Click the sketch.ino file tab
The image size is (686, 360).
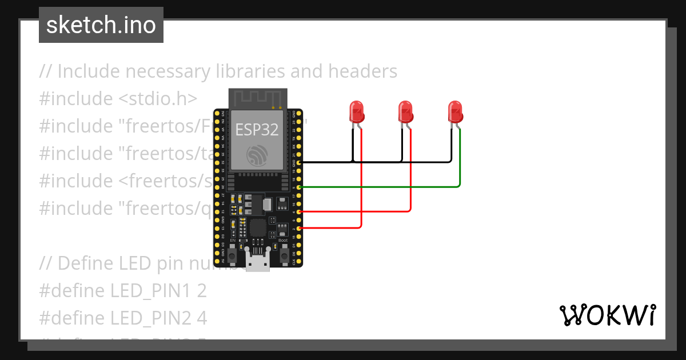click(x=101, y=25)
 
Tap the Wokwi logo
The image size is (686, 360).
click(x=607, y=315)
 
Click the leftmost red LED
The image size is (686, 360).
click(x=357, y=112)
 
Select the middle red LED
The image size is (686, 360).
click(x=405, y=112)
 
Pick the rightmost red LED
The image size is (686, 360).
click(x=455, y=112)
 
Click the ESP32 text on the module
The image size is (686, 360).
click(x=257, y=129)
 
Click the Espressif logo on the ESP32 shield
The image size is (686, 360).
click(x=257, y=155)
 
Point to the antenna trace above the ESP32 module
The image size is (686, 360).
click(x=257, y=98)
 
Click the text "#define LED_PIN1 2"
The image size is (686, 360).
click(x=122, y=291)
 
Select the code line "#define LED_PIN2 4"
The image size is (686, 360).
click(x=123, y=318)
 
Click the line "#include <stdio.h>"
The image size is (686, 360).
click(x=118, y=99)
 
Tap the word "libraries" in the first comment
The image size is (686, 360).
click(x=250, y=71)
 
